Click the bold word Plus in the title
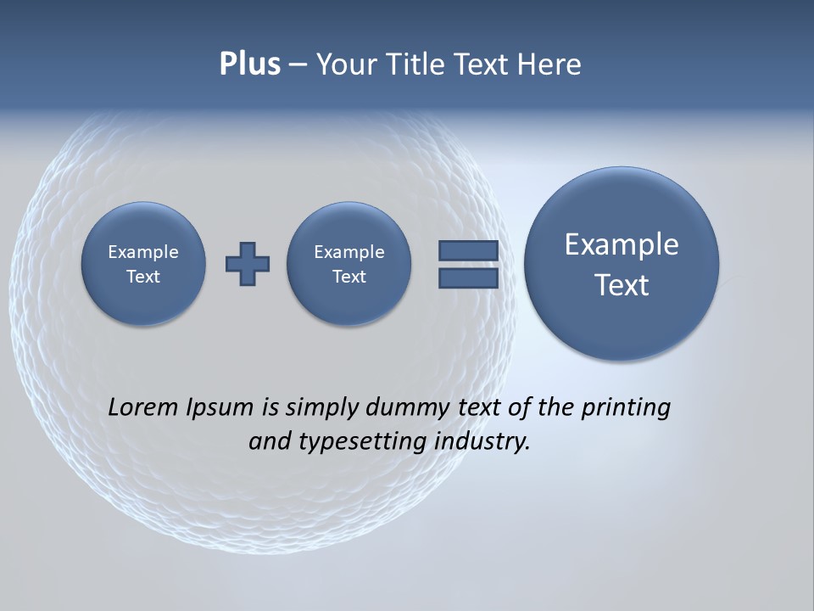pyautogui.click(x=249, y=64)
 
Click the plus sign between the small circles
pyautogui.click(x=248, y=264)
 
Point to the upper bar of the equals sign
pyautogui.click(x=468, y=250)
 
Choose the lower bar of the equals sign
pyautogui.click(x=468, y=278)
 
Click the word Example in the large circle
pyautogui.click(x=622, y=244)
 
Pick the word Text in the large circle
pyautogui.click(x=622, y=285)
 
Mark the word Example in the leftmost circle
pyautogui.click(x=143, y=252)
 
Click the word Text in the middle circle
pyautogui.click(x=349, y=277)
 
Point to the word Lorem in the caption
pyautogui.click(x=143, y=407)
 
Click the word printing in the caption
pyautogui.click(x=626, y=408)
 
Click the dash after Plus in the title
pyautogui.click(x=298, y=64)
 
